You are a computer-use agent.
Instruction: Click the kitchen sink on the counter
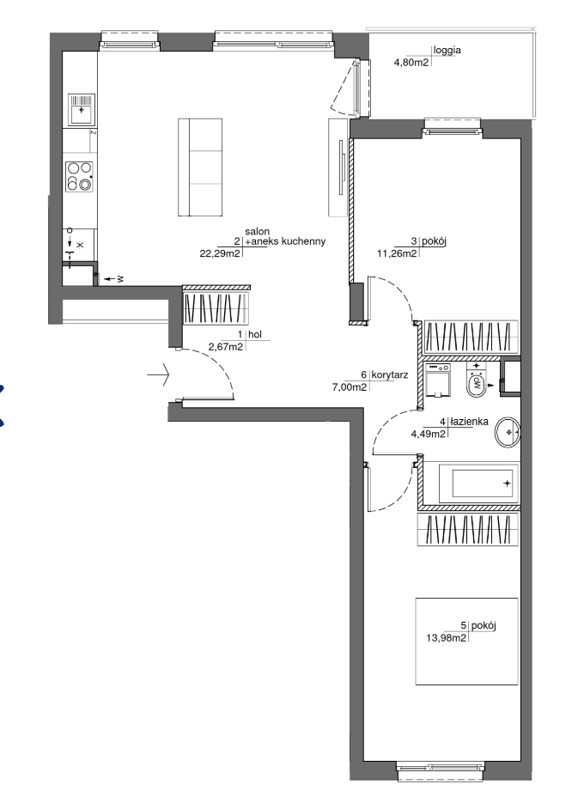tap(82, 110)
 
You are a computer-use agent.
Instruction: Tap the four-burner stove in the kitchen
tap(80, 176)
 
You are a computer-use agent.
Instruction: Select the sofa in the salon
tap(200, 167)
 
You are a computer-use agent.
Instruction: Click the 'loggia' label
tap(447, 51)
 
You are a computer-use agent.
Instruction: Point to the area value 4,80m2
tap(411, 63)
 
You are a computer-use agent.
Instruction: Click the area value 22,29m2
tap(220, 253)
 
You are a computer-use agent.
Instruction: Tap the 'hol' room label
tap(255, 334)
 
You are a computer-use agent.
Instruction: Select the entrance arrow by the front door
tap(158, 374)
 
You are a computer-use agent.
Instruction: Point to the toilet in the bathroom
tap(477, 380)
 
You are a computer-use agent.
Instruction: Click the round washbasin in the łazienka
tap(508, 432)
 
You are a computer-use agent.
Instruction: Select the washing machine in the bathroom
tap(439, 380)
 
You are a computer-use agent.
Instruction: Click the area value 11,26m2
tap(398, 253)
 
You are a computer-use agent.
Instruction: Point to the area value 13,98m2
tap(447, 638)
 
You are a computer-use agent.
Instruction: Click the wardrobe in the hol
tap(216, 308)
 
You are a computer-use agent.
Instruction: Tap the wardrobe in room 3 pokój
tap(470, 338)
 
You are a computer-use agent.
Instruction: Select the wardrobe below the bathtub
tap(467, 529)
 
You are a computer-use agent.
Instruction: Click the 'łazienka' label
tap(469, 422)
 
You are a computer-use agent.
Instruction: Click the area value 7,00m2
tap(350, 387)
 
